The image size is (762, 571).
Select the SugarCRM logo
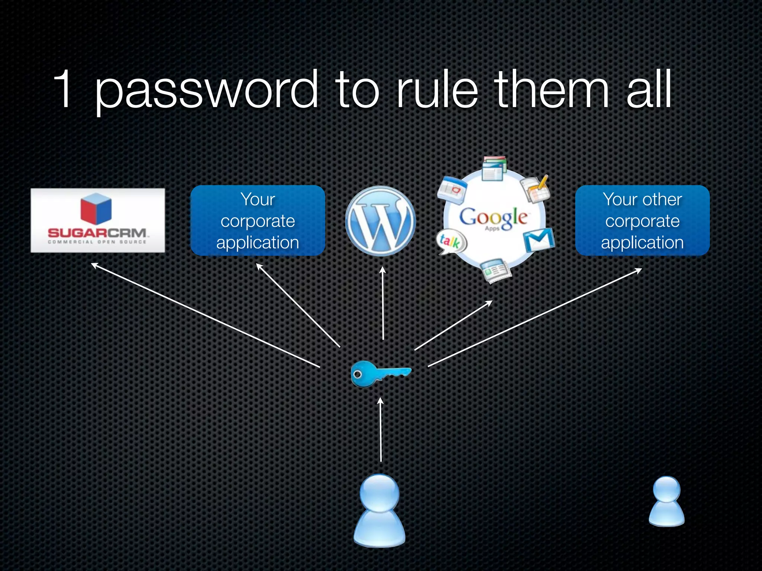97,220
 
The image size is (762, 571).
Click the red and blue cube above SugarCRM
96,209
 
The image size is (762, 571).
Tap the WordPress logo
380,221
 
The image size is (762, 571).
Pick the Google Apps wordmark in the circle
493,219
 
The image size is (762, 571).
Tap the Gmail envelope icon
539,239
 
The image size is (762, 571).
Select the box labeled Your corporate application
257,220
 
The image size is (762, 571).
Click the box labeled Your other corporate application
642,220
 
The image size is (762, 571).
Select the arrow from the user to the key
380,429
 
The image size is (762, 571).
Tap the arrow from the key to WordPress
383,303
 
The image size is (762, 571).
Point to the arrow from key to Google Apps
453,326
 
